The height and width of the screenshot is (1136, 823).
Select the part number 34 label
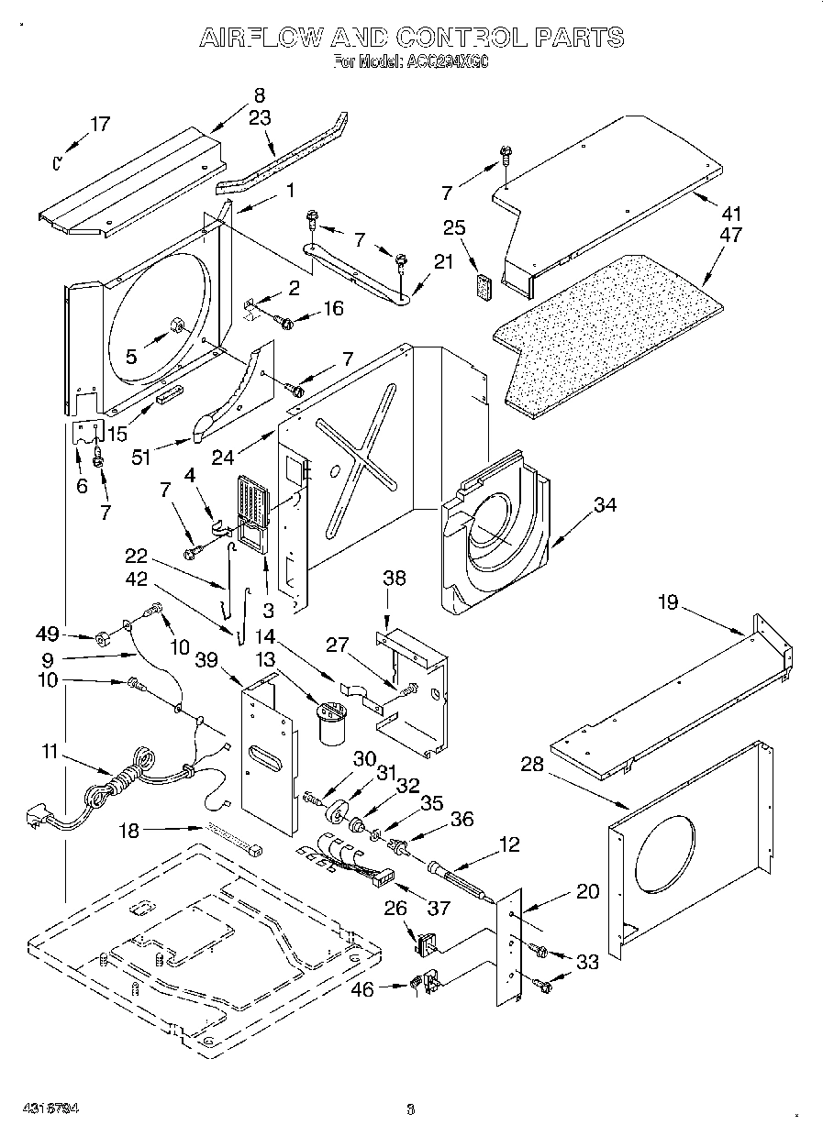click(604, 504)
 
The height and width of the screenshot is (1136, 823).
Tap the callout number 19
click(669, 602)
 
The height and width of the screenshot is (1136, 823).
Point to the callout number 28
click(532, 765)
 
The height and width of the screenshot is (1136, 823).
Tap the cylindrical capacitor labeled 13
click(328, 721)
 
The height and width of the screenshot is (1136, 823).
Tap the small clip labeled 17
click(56, 162)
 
